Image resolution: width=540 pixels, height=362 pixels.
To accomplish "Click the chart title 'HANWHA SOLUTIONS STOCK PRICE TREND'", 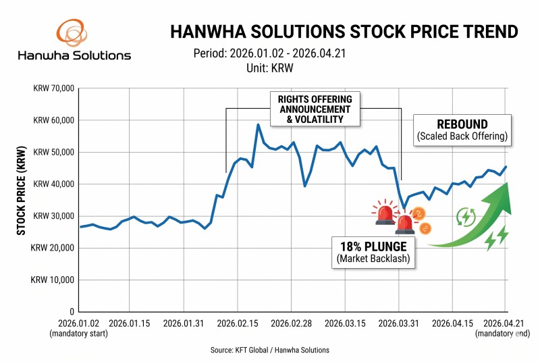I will click(344, 32).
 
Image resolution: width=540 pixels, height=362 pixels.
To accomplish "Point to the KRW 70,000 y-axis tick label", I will click(53, 88).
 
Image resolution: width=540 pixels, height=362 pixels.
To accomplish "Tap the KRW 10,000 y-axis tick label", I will click(53, 280).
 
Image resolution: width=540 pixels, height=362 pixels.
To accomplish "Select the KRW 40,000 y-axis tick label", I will click(53, 184).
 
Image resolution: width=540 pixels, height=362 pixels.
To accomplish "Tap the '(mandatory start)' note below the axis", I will click(79, 334).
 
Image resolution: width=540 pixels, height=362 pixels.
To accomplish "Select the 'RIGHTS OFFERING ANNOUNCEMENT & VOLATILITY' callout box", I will click(315, 109).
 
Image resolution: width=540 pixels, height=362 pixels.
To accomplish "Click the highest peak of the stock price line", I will click(258, 124).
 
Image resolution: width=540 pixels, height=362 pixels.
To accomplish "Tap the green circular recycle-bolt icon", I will click(466, 216).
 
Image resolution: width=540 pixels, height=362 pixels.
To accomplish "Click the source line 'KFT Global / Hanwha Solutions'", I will click(269, 350).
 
